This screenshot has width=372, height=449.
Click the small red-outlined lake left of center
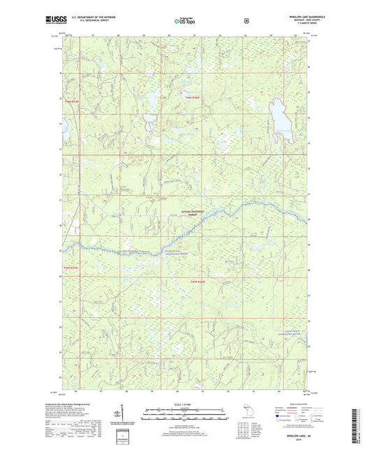[x=149, y=126]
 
